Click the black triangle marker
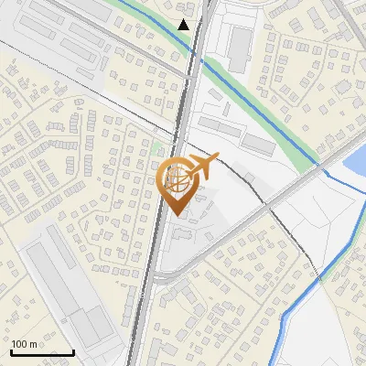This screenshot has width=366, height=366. (x=185, y=25)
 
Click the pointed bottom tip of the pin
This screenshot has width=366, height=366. (x=177, y=215)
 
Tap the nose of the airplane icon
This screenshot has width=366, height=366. (x=218, y=159)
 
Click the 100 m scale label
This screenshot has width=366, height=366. (x=24, y=343)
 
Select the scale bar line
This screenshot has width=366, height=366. (x=42, y=352)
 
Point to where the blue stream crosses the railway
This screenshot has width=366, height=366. (x=194, y=52)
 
